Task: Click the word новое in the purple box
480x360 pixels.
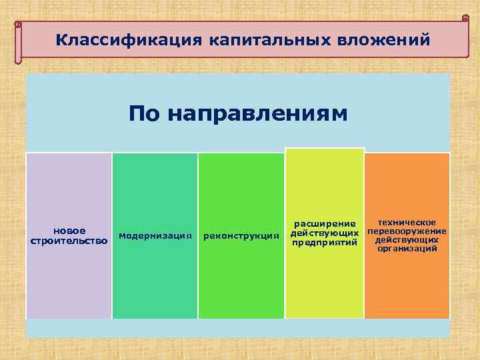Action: tap(69, 231)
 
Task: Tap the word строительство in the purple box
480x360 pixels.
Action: tap(69, 240)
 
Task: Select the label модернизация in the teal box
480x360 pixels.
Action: tap(155, 235)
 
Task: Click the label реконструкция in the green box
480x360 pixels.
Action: tap(241, 235)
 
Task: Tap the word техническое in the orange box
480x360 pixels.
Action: tap(407, 222)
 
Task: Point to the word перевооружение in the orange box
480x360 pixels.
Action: tap(407, 231)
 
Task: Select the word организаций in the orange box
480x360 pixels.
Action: tap(407, 248)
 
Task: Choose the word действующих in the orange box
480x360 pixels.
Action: tap(407, 239)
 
